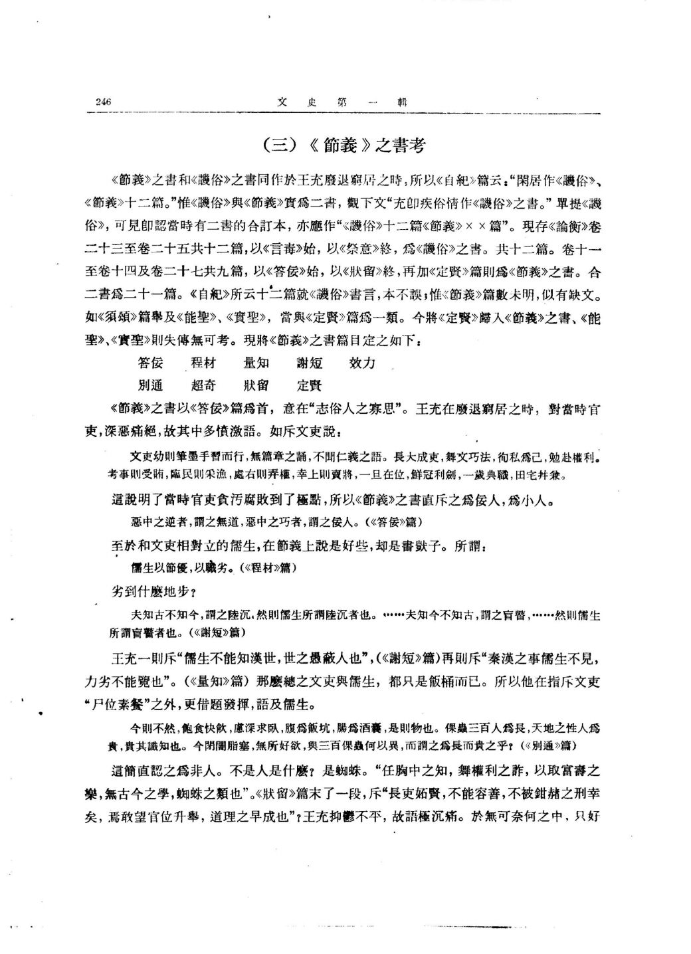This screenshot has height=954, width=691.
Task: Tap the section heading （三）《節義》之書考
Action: point(344,145)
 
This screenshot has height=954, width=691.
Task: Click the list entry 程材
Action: point(203,363)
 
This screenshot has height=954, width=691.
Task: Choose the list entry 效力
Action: point(362,363)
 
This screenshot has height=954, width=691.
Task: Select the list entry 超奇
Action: point(203,385)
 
